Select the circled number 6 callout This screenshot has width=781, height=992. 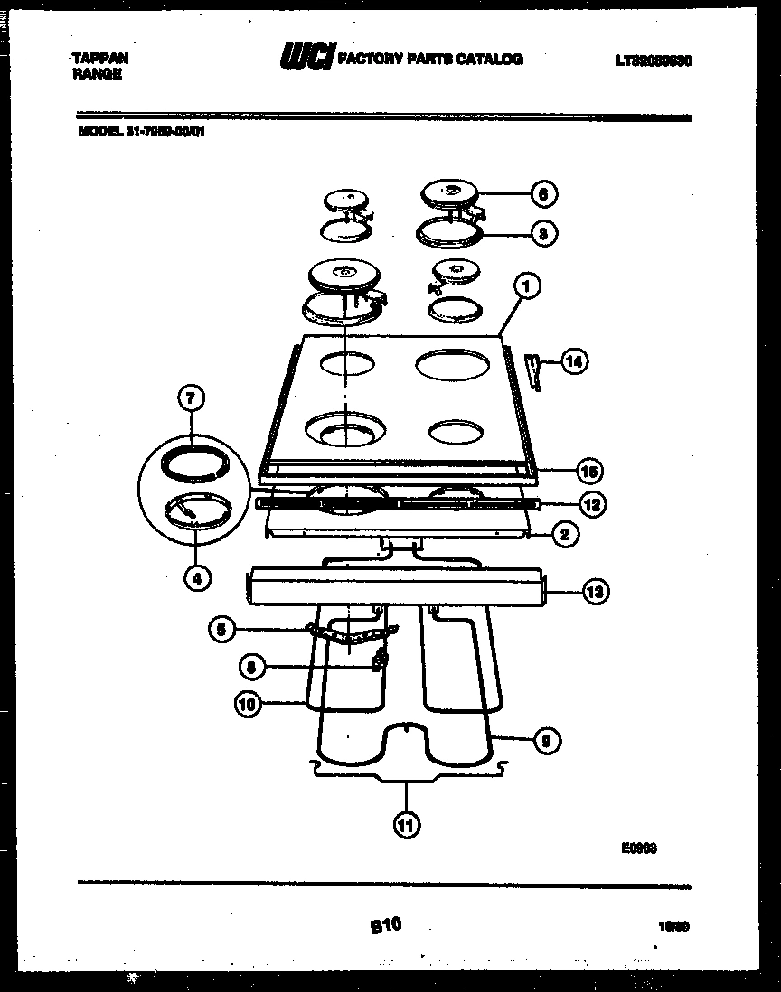point(543,193)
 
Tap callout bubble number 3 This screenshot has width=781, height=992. point(542,233)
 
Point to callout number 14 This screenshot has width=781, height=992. point(574,361)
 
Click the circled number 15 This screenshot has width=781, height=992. point(589,471)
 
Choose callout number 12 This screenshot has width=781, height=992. point(591,504)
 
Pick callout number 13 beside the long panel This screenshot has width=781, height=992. point(595,593)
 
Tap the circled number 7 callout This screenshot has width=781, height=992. point(192,398)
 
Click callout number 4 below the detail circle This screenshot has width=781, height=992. point(195,576)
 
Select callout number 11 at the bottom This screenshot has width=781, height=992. point(407,823)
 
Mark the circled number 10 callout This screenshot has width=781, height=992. point(248,704)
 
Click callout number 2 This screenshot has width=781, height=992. point(564,534)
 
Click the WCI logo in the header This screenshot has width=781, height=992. point(306,58)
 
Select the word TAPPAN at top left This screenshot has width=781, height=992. point(99,58)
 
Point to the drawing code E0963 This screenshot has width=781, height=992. point(638,847)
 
